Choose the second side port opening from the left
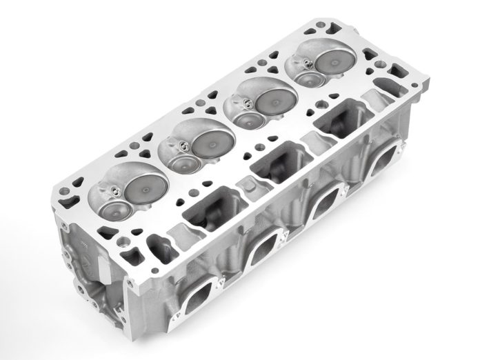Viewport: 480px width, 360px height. coord(266,251)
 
